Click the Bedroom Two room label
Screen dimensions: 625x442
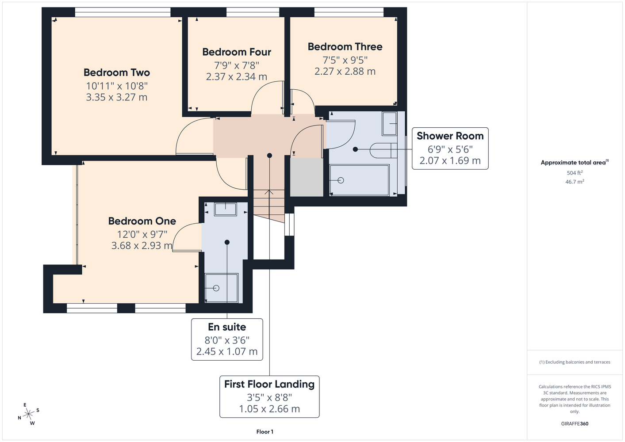pos(117,72)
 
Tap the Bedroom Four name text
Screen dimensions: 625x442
pos(237,52)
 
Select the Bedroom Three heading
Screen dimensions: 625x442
pos(345,46)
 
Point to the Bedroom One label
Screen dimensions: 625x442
pos(142,221)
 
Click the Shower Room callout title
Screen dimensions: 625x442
pos(450,136)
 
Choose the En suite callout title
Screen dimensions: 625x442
pos(227,327)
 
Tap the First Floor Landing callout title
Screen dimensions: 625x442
pos(269,384)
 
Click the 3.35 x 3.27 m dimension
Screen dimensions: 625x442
pos(117,97)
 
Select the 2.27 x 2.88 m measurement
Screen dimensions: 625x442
pos(345,72)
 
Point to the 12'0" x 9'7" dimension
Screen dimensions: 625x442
pos(142,234)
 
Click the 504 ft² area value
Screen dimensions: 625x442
pos(575,173)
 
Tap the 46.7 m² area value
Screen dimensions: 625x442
pos(575,182)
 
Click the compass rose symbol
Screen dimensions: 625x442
pos(28,414)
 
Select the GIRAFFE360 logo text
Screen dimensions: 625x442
pos(575,423)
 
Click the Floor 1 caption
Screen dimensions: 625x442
pos(265,432)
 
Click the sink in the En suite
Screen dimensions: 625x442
pos(225,209)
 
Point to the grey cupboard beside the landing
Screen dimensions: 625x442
pos(307,177)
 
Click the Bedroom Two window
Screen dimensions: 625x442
pos(123,12)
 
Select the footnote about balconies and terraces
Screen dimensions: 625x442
pos(575,362)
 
